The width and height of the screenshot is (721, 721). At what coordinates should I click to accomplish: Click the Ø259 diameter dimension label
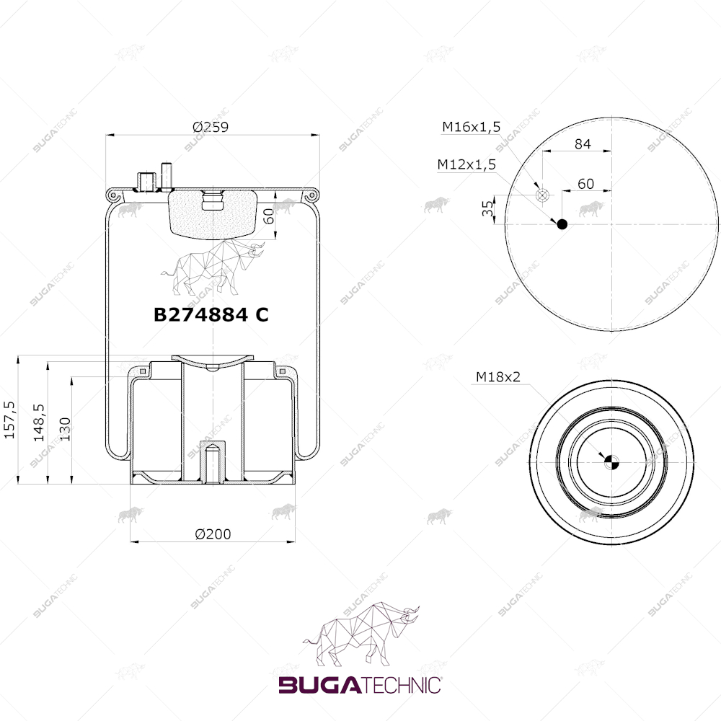pos(210,126)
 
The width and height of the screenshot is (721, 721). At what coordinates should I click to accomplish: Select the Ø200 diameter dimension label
pos(213,534)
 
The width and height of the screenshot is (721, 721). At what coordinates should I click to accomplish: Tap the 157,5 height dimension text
pos(9,420)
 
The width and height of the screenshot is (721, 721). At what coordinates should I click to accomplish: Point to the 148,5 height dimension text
pos(39,422)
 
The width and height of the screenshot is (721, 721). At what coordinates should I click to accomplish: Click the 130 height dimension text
pos(66,429)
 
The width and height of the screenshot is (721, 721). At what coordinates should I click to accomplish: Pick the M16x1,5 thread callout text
pos(472,127)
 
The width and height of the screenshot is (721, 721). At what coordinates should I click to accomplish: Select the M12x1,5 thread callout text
pos(466,164)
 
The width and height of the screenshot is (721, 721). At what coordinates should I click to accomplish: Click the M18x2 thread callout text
pos(498,377)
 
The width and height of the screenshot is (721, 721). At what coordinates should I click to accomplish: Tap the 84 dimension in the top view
pos(583,144)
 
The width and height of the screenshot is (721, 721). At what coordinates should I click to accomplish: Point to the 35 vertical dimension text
pos(487,208)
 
